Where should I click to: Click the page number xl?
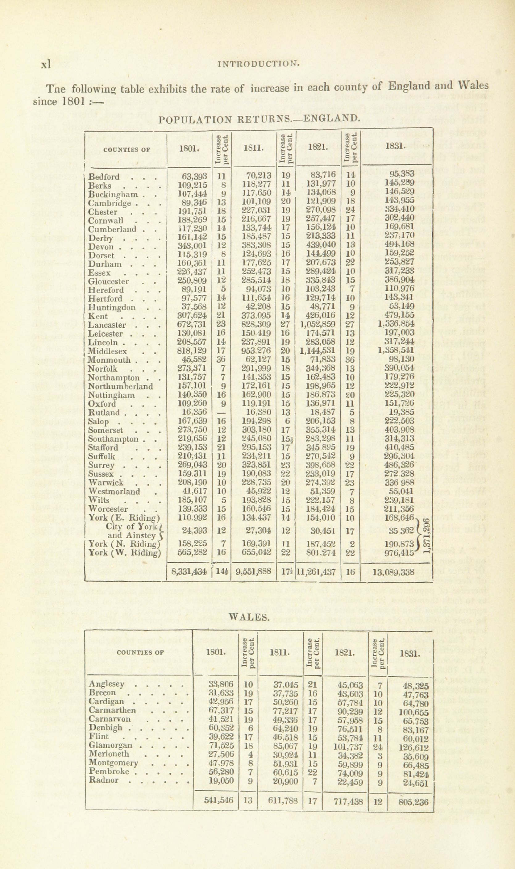(x=46, y=64)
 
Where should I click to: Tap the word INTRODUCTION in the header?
(x=258, y=64)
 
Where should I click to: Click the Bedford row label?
(x=104, y=177)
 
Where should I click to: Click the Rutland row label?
(x=103, y=413)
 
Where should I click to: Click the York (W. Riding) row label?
(x=125, y=552)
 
